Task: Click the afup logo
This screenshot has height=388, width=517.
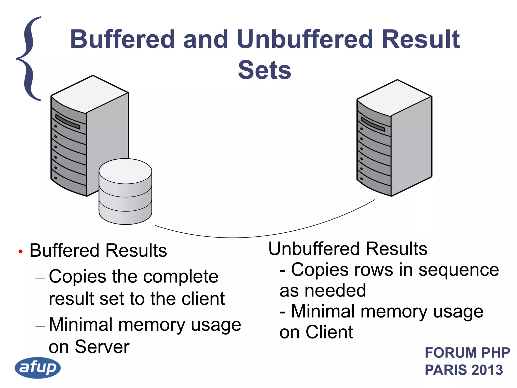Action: coord(38,368)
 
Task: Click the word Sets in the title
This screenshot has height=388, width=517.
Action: coord(264,70)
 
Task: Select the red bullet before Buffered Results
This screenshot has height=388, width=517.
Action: coord(20,252)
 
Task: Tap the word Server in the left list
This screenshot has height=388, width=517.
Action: coord(102,347)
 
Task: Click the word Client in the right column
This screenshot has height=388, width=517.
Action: coord(329,332)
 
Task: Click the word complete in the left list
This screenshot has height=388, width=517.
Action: coord(181,277)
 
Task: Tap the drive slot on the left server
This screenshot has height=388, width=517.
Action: coord(68,122)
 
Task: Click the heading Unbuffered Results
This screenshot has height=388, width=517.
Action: coord(348,249)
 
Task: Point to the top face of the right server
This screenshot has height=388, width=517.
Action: coord(394,98)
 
